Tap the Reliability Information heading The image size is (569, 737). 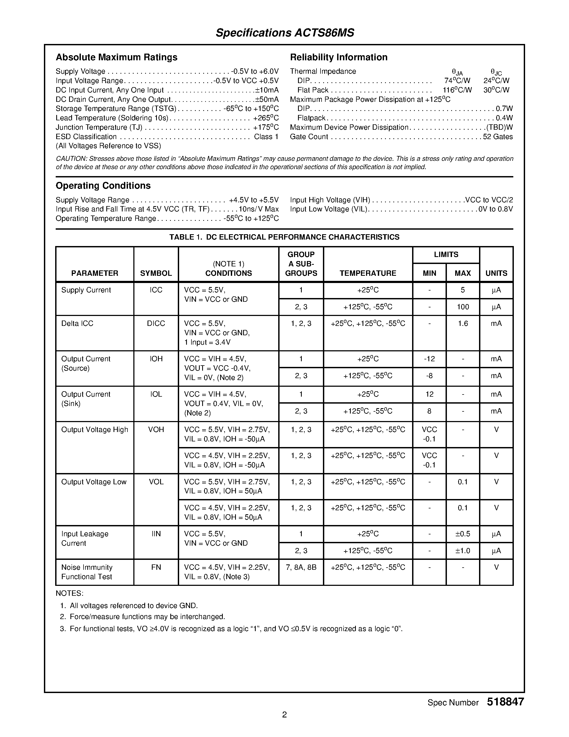[x=338, y=57]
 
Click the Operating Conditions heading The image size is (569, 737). [x=103, y=186]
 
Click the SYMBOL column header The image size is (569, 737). [x=156, y=273]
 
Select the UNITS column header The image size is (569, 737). [x=496, y=273]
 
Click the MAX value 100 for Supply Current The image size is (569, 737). [x=462, y=307]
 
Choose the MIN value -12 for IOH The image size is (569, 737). [x=429, y=359]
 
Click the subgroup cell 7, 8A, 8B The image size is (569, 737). [x=301, y=567]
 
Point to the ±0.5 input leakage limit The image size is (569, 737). [x=462, y=534]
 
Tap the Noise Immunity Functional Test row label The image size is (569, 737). [x=87, y=572]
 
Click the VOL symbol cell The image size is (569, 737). [x=156, y=482]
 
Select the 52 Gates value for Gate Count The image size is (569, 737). [x=498, y=137]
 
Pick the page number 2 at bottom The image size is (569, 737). [x=284, y=714]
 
